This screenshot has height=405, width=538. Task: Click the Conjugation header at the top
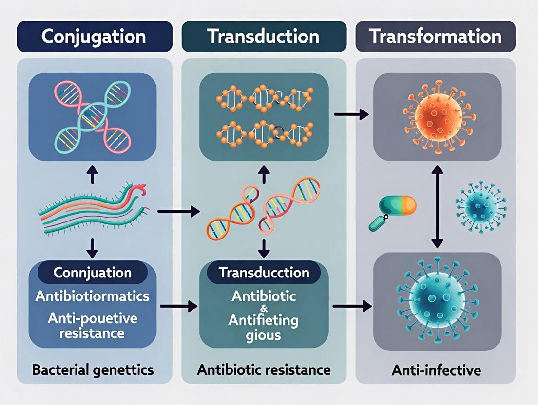pos(94,37)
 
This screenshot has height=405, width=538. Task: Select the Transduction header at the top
pos(264,37)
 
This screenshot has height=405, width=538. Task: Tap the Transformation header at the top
pos(435,37)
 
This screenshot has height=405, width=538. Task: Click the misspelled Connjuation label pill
pos(92,272)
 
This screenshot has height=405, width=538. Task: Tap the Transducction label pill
pos(264,272)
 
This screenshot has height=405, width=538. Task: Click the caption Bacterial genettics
pos(92,370)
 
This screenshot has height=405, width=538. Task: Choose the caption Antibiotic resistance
pos(264,370)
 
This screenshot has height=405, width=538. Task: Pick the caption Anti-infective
pos(436,370)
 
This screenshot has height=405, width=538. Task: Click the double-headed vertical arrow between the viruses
pos(437,206)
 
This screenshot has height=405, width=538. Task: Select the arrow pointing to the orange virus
pos(351,115)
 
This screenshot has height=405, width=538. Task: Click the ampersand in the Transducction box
pos(264,308)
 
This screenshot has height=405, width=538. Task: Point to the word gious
pos(264,335)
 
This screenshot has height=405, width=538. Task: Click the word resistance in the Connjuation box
pos(92,333)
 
